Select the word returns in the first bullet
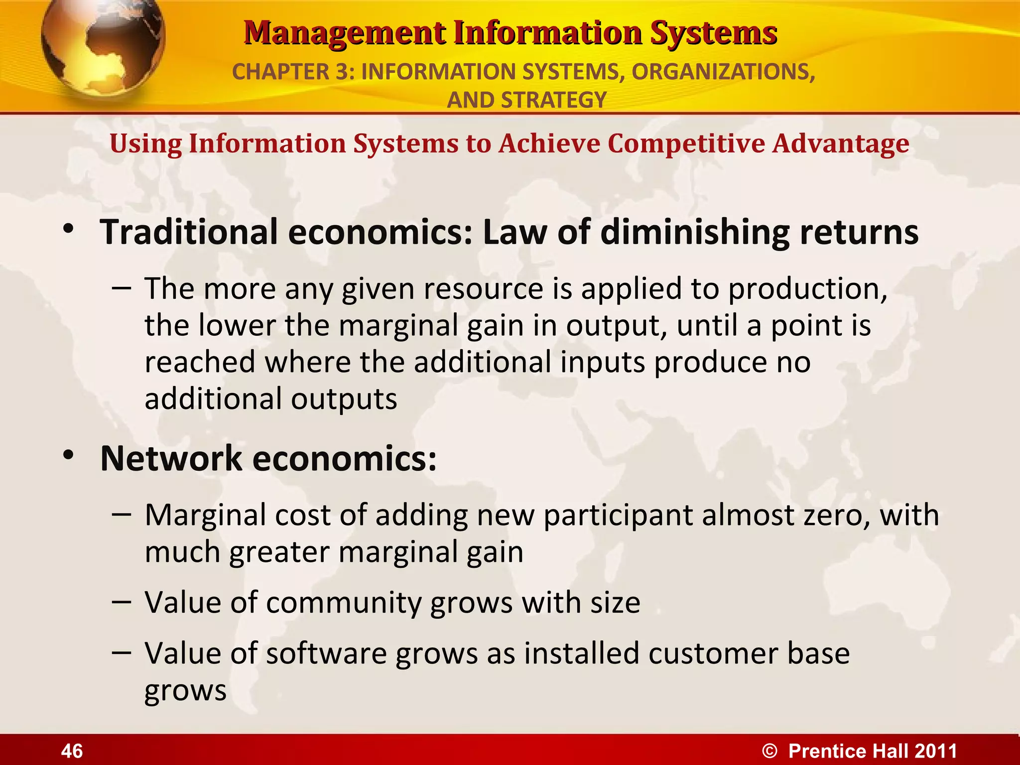pos(859,233)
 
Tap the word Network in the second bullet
pos(171,458)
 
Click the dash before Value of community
pos(122,602)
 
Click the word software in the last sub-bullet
pos(326,653)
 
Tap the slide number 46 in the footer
pos(72,751)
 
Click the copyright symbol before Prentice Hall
pos(769,751)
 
